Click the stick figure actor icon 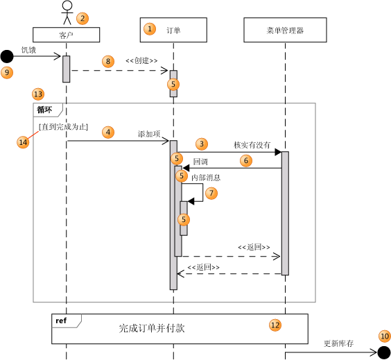coord(67,13)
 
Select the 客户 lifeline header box coord(67,34)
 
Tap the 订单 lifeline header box coord(173,29)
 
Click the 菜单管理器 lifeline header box coord(285,30)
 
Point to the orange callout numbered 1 coord(149,29)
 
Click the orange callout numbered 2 coord(82,18)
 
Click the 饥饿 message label coord(28,50)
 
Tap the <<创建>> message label coord(141,61)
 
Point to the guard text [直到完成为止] coord(63,127)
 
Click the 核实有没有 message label coord(252,145)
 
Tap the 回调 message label coord(200,161)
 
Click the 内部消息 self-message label coord(206,178)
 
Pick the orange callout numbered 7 coord(211,193)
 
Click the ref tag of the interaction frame coord(61,320)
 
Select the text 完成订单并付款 coord(152,328)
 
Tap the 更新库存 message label coord(338,343)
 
